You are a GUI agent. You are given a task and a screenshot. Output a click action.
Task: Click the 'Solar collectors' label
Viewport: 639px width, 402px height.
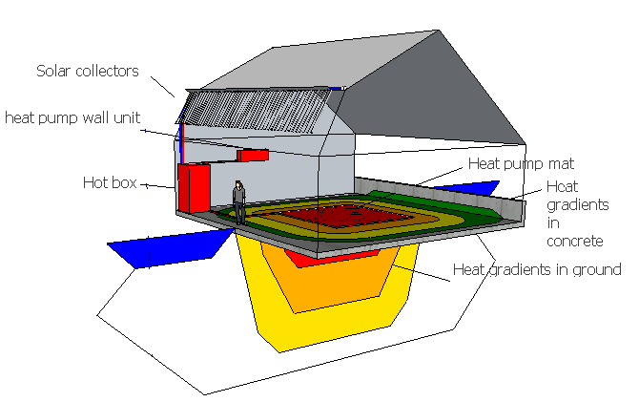[x=88, y=71]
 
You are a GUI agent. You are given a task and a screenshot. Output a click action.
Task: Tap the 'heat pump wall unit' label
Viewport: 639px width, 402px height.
[x=72, y=118]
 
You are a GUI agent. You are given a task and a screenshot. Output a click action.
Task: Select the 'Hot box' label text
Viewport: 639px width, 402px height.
[x=110, y=182]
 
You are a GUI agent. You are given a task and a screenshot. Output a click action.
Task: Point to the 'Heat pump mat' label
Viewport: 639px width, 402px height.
[x=522, y=163]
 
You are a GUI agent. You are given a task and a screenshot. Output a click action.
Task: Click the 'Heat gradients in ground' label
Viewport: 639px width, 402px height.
[x=537, y=270]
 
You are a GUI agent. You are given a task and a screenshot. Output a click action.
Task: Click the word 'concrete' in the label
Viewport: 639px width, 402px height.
[x=574, y=241]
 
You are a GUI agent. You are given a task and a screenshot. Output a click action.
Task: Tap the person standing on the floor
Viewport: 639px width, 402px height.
[x=239, y=202]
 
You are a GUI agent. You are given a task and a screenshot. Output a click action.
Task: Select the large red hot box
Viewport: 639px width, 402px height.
[x=194, y=188]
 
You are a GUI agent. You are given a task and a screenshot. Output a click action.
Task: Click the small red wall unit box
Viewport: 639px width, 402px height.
[x=253, y=155]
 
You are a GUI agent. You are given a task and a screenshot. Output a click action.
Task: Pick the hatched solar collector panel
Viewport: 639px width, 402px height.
[x=255, y=110]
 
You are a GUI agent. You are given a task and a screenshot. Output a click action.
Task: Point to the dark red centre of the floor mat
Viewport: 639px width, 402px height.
[x=342, y=216]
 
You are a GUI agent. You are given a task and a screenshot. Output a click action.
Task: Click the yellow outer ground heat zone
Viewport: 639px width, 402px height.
[x=326, y=330]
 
